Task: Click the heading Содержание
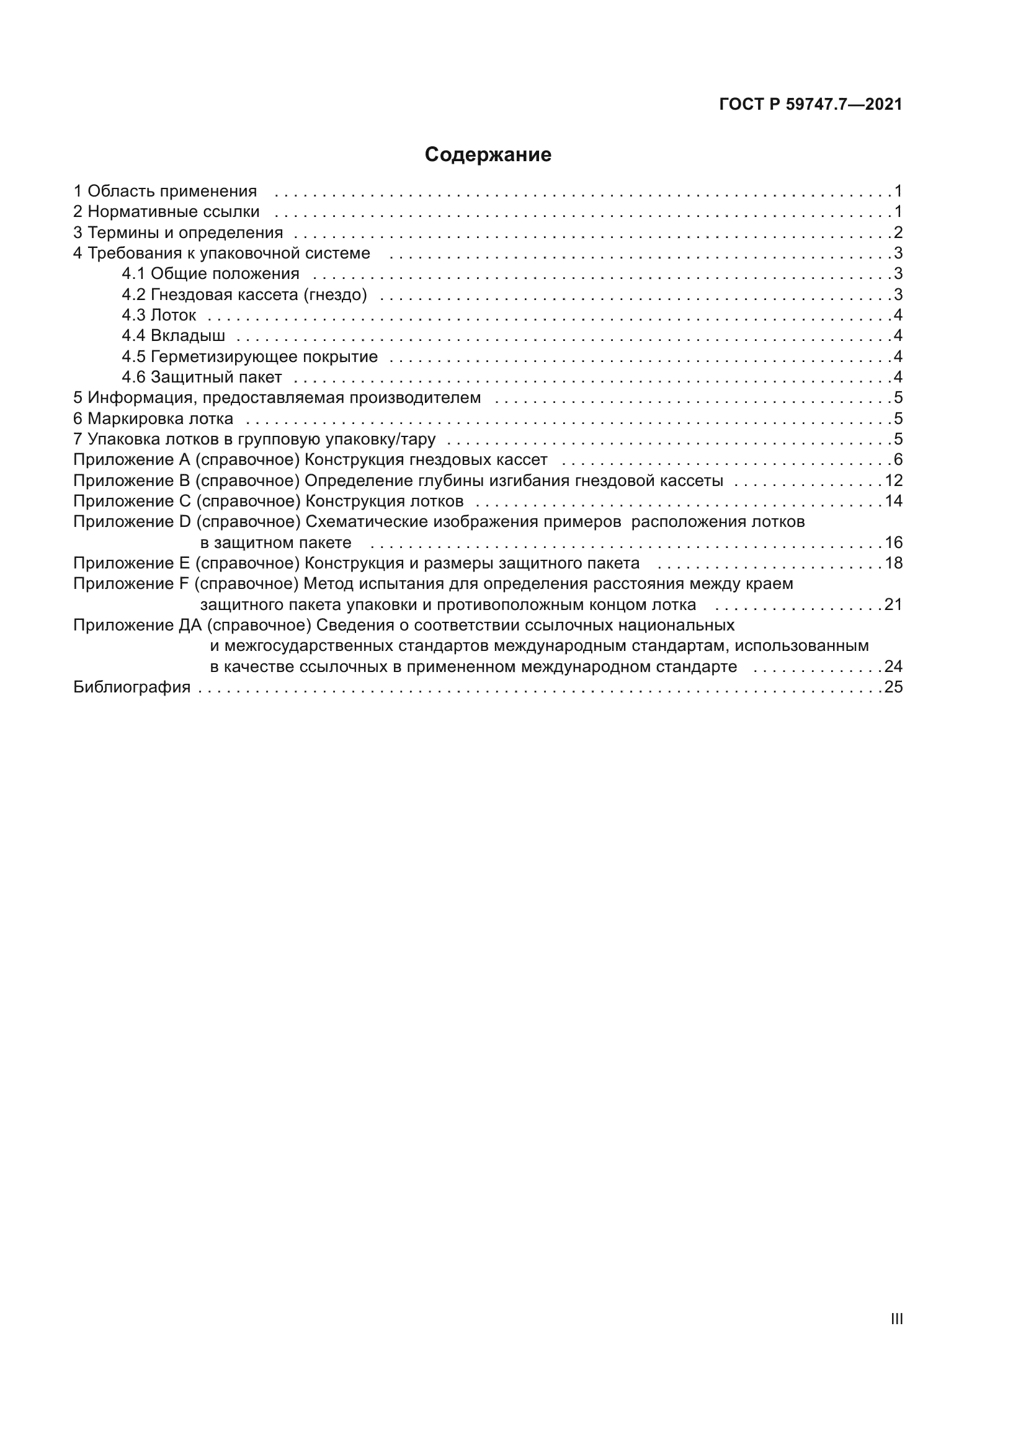point(488,155)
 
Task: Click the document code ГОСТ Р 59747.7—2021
point(811,105)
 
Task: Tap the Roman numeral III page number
point(896,1319)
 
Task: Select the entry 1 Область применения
point(165,191)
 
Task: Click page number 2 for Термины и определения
point(898,232)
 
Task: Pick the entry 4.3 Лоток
point(159,315)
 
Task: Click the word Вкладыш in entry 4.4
point(187,336)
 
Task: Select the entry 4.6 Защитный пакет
point(202,378)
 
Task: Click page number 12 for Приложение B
point(893,480)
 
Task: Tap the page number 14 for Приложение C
point(893,502)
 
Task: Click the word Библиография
point(132,687)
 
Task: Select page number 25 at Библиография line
point(893,687)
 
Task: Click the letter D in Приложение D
point(185,522)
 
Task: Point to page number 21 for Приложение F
point(893,605)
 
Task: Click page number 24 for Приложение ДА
point(893,667)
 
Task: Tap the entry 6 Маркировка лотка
point(153,418)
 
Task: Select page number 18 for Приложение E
point(893,564)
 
